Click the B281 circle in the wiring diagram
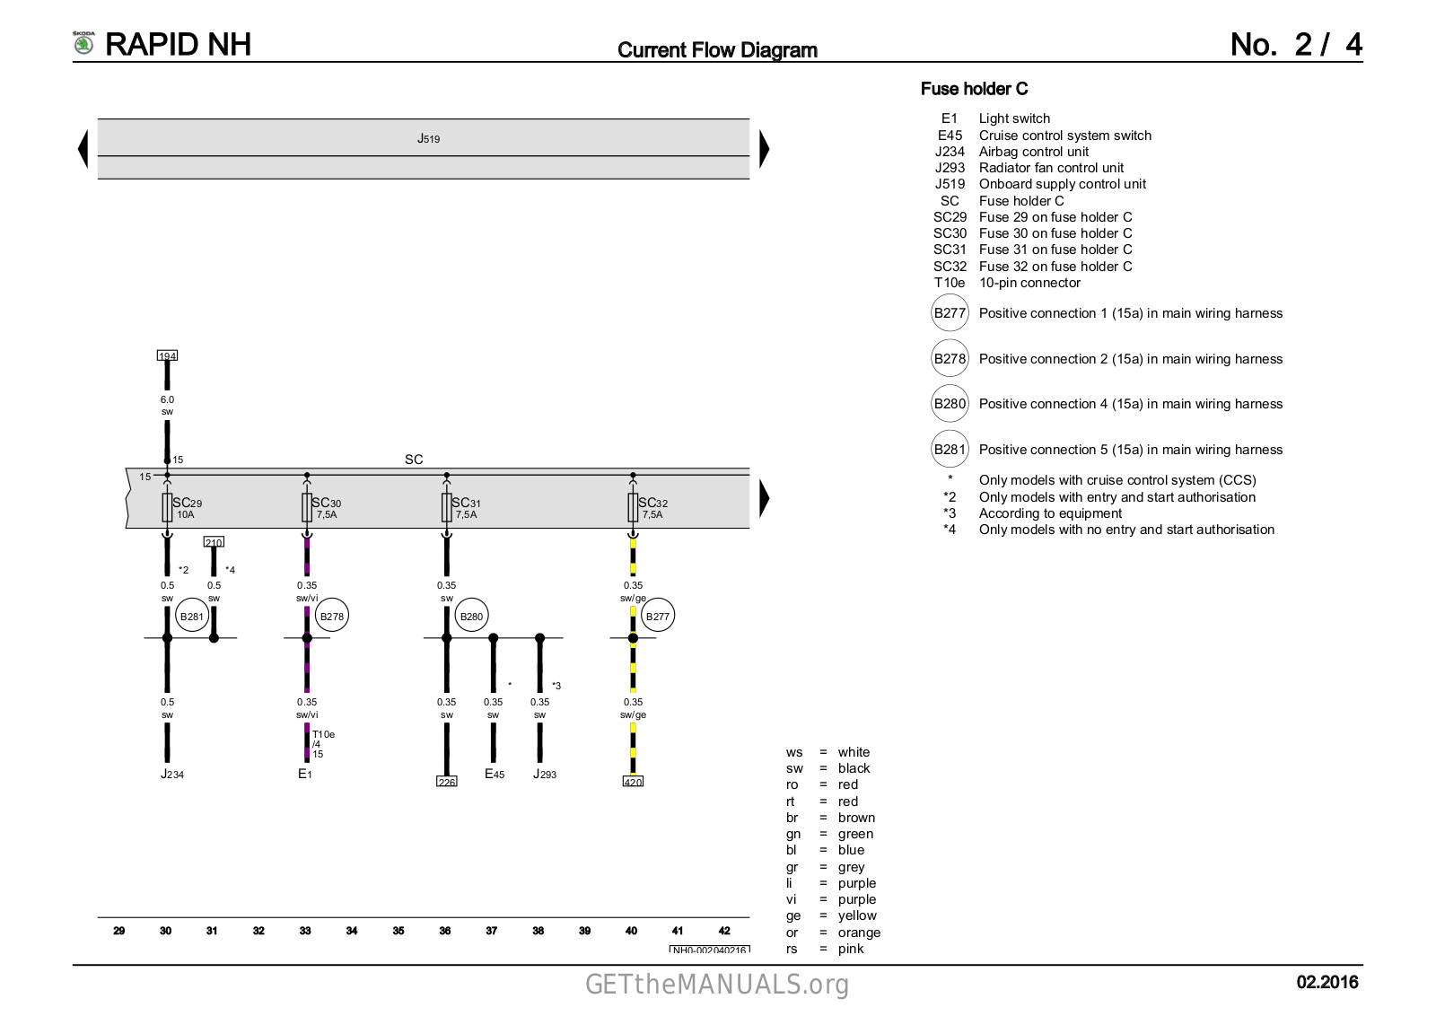pos(191,616)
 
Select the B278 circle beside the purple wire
pos(331,616)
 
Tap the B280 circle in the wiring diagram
pos(471,616)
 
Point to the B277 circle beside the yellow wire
pos(658,616)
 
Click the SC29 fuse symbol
pos(167,507)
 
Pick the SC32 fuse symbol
pos(633,507)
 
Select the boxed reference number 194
pos(167,355)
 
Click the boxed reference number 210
pos(214,542)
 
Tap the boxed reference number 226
pos(447,782)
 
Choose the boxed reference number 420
pos(633,782)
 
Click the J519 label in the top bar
pos(428,139)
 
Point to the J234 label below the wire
pos(172,775)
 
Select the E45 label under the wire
pos(495,775)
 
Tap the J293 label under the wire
pos(545,775)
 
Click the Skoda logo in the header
pos(83,43)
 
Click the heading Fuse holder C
pos(974,89)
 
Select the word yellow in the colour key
pos(857,915)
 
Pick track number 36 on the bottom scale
pos(445,931)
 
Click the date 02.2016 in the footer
pos(1327,983)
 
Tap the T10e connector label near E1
pos(323,734)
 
